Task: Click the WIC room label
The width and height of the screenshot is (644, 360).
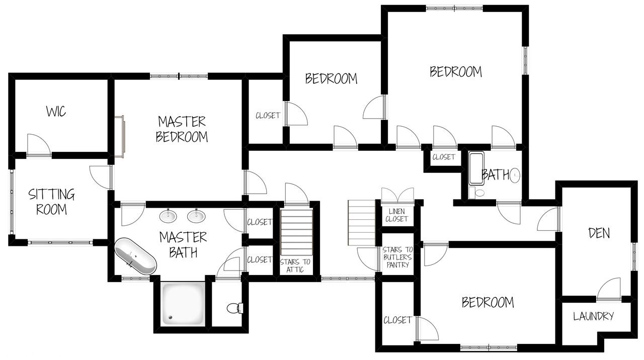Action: [56, 112]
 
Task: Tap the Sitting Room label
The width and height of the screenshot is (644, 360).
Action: [51, 202]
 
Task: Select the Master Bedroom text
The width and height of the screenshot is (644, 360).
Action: [182, 129]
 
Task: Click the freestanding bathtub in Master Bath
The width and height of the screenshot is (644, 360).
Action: [135, 257]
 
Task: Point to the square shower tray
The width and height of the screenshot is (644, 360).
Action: [184, 304]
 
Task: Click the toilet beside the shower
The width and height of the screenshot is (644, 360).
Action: [234, 307]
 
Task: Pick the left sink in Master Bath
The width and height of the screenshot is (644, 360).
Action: [168, 216]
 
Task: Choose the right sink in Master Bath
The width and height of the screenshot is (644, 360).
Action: [196, 216]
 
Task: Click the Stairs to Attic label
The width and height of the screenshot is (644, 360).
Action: [295, 265]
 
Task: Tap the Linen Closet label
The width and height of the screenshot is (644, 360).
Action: [397, 215]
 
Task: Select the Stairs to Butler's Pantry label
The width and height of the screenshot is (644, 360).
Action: [397, 257]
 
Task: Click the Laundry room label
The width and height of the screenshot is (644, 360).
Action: [594, 316]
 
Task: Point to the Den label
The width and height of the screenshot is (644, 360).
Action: [599, 233]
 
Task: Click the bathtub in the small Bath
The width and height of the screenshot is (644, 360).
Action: [476, 168]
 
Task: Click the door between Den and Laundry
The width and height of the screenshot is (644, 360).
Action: [609, 290]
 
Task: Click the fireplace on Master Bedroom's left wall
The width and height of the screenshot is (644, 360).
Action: [120, 136]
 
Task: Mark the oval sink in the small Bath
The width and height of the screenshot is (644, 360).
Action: [515, 175]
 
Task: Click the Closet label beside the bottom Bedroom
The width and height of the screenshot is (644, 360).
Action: [397, 320]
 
